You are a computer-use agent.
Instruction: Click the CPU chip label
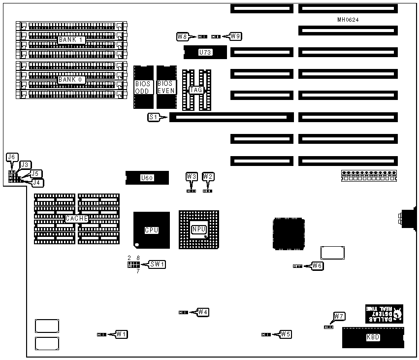click(151, 230)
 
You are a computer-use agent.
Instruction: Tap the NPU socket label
click(198, 229)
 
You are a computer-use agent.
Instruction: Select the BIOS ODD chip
click(143, 87)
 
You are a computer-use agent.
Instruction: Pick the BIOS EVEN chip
click(166, 87)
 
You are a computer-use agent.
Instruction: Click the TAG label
click(196, 90)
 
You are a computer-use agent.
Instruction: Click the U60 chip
click(147, 178)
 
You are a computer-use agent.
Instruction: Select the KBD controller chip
click(373, 337)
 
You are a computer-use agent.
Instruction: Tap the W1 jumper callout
click(122, 334)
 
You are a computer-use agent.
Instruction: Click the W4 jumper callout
click(203, 312)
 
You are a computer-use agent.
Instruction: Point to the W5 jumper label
click(286, 334)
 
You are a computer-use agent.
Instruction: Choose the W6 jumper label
click(318, 266)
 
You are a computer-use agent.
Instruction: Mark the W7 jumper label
click(339, 316)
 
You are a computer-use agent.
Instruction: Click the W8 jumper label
click(182, 36)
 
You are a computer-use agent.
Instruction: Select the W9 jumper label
click(235, 36)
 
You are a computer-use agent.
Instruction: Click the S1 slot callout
click(153, 117)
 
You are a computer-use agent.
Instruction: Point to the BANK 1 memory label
click(69, 39)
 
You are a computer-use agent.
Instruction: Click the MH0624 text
click(348, 20)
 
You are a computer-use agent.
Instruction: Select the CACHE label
click(76, 218)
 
